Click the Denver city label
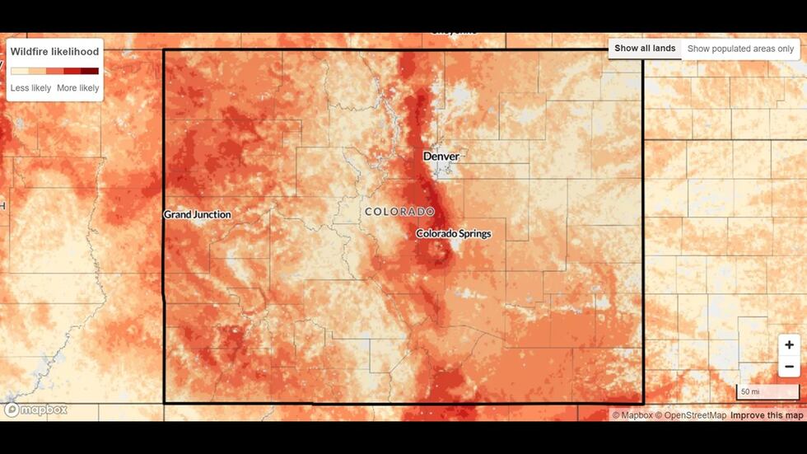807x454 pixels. [441, 156]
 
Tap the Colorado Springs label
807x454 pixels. [453, 234]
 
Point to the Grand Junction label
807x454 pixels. [197, 214]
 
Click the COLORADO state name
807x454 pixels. [399, 212]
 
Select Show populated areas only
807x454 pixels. [740, 49]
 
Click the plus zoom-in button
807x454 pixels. [789, 345]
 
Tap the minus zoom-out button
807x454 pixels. [789, 367]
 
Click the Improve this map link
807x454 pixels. [767, 415]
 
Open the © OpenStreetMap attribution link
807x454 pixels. [690, 415]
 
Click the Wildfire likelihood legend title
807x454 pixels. [54, 52]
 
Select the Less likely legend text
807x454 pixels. [30, 88]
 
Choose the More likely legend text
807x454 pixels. [77, 88]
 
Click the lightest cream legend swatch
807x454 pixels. [19, 71]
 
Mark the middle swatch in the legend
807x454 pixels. [54, 71]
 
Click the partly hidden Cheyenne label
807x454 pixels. [453, 31]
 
